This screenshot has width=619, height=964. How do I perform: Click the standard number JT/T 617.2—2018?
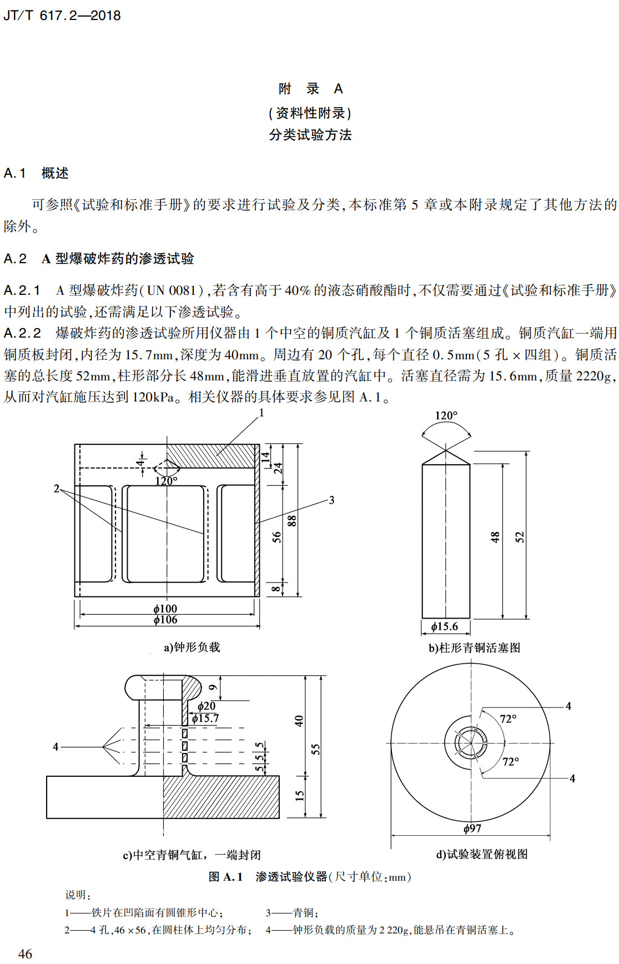[x=62, y=16]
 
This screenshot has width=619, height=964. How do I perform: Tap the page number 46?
[x=26, y=953]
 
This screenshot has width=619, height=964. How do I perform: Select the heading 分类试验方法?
[x=310, y=135]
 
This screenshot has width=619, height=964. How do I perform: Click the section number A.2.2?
[x=22, y=333]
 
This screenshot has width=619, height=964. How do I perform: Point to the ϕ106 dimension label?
[x=165, y=620]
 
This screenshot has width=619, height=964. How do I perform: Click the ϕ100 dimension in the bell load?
[x=165, y=609]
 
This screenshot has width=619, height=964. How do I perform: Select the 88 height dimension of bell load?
[x=292, y=520]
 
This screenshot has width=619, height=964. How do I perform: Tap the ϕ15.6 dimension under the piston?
[x=445, y=627]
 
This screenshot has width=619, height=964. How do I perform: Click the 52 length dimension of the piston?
[x=520, y=537]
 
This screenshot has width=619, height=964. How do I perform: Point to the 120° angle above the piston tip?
[x=446, y=416]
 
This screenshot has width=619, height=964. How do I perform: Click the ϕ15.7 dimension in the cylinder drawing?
[x=205, y=719]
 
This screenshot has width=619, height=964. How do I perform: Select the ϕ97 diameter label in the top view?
[x=472, y=829]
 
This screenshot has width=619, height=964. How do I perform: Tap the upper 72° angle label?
[x=508, y=719]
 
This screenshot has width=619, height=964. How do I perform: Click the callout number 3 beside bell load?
[x=331, y=500]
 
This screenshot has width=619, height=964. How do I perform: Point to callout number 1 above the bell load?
[x=261, y=413]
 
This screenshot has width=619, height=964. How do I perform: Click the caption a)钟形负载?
[x=192, y=647]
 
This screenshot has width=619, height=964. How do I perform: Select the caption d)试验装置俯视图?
[x=481, y=855]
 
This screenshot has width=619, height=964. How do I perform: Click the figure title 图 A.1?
[x=225, y=877]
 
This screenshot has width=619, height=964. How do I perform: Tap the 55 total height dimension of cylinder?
[x=315, y=749]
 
